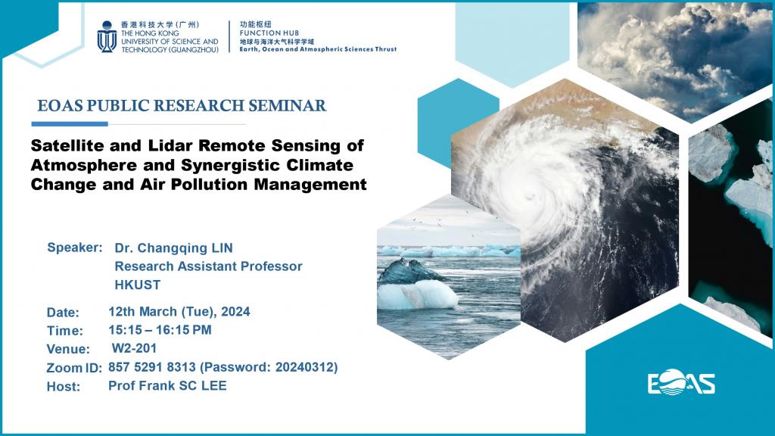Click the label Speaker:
point(74,248)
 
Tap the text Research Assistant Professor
point(208,266)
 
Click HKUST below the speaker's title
point(137,285)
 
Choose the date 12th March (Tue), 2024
point(179,311)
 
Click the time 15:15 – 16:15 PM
point(160,330)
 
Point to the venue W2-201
point(134,348)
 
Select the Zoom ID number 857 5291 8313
point(151,367)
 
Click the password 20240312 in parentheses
point(308,367)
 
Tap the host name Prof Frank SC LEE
point(167,385)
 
